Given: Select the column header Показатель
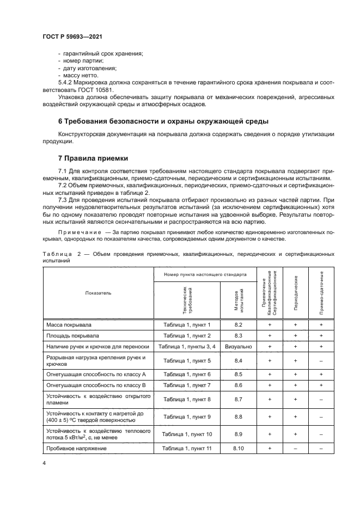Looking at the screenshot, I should [x=98, y=292].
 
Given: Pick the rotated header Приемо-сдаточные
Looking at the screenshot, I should [x=321, y=292].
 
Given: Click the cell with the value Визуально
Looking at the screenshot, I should [x=237, y=346].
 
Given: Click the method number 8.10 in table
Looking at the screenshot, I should [x=237, y=448].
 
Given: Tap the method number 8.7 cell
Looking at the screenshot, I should [x=237, y=399].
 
